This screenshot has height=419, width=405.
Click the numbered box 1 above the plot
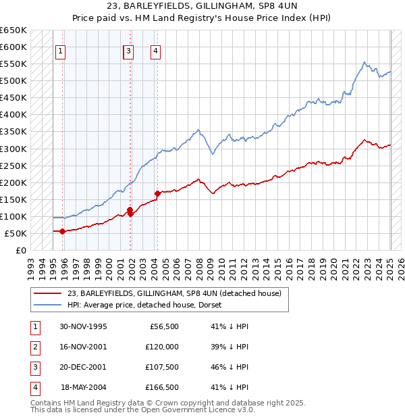tap(60, 50)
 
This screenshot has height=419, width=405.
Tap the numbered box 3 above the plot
tap(128, 50)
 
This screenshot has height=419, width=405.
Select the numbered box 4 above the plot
tap(155, 50)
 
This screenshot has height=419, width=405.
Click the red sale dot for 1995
tap(63, 231)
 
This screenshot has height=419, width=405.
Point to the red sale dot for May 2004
tap(157, 194)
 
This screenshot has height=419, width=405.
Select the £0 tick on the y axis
tap(22, 250)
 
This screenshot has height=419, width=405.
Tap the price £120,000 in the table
tap(162, 347)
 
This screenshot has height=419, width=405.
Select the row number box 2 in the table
tap(34, 347)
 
